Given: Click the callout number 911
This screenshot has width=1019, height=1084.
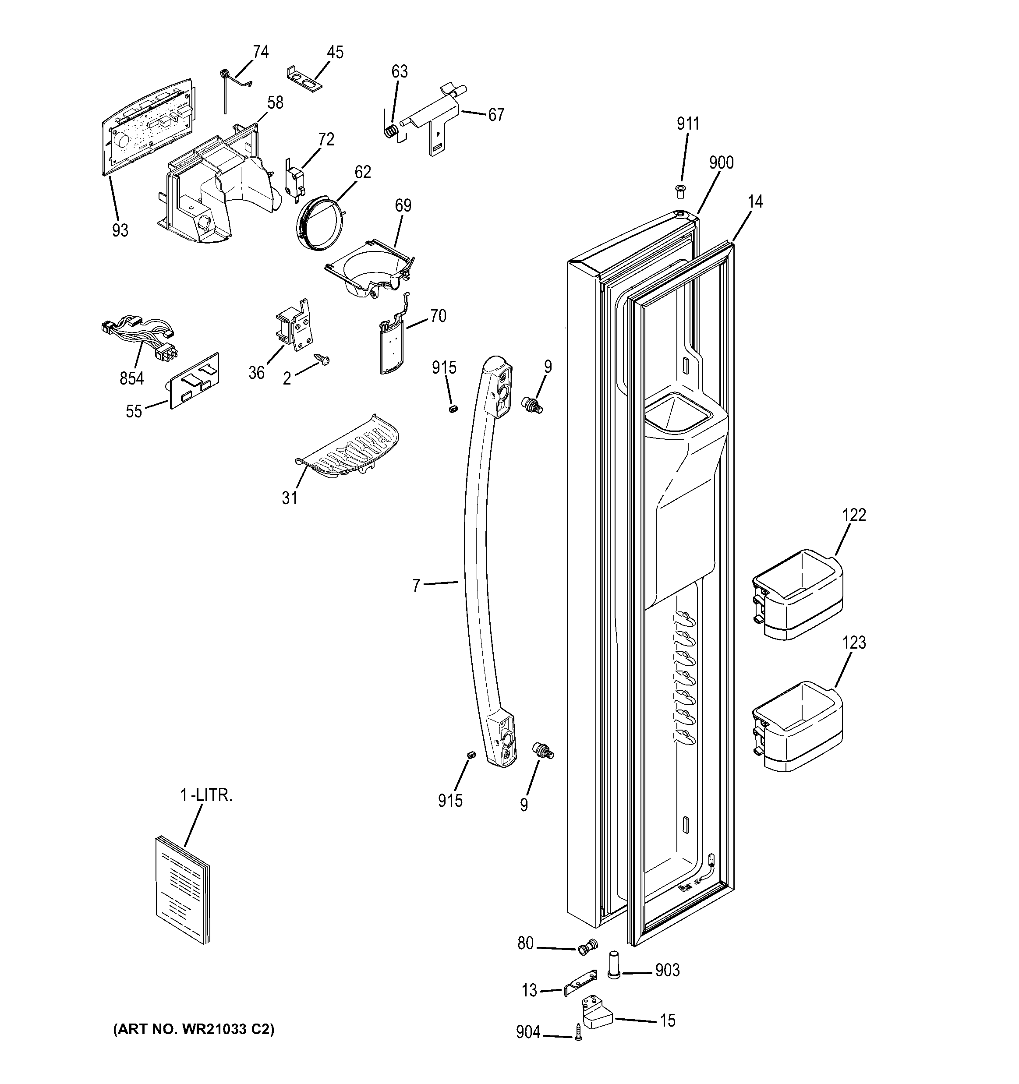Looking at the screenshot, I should [x=688, y=124].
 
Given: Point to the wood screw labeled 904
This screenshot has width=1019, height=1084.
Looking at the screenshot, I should [x=578, y=1033].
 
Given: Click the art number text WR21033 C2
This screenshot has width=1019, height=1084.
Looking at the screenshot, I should [x=194, y=1028].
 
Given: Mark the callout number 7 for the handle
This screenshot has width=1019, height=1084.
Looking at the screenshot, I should [x=417, y=586].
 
